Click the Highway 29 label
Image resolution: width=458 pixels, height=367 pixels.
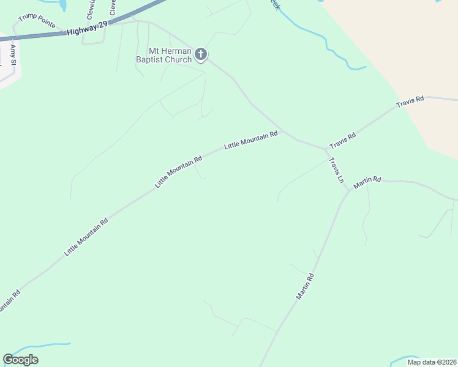pyautogui.click(x=88, y=27)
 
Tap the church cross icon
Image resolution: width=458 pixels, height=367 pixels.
pyautogui.click(x=200, y=56)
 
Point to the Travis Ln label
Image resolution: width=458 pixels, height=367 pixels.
pyautogui.click(x=336, y=171)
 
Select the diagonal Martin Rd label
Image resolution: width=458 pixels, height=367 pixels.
pyautogui.click(x=305, y=286)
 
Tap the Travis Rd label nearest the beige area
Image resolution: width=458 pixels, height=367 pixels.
pyautogui.click(x=410, y=102)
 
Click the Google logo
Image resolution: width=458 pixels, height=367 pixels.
pyautogui.click(x=21, y=360)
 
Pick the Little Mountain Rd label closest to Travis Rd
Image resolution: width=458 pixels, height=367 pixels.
pyautogui.click(x=251, y=140)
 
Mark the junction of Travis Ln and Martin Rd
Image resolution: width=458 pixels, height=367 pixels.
pyautogui.click(x=350, y=190)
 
